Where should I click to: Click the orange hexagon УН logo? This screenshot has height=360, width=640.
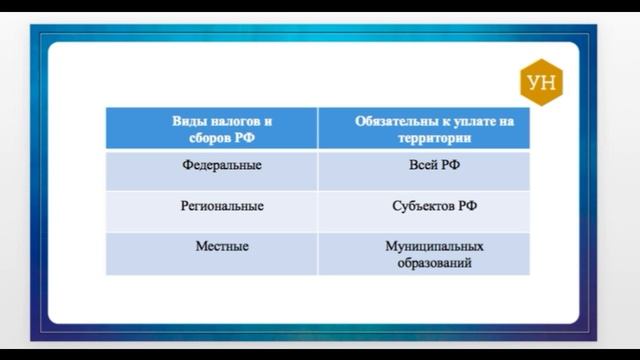point(541,82)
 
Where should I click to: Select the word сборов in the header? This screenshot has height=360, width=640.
point(205,138)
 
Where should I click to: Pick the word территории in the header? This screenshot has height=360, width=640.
point(435,138)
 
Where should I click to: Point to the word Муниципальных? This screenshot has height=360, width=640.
point(434,247)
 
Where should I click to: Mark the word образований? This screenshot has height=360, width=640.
point(434,263)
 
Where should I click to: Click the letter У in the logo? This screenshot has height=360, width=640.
point(534,83)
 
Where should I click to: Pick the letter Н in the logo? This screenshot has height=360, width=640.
point(549,83)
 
